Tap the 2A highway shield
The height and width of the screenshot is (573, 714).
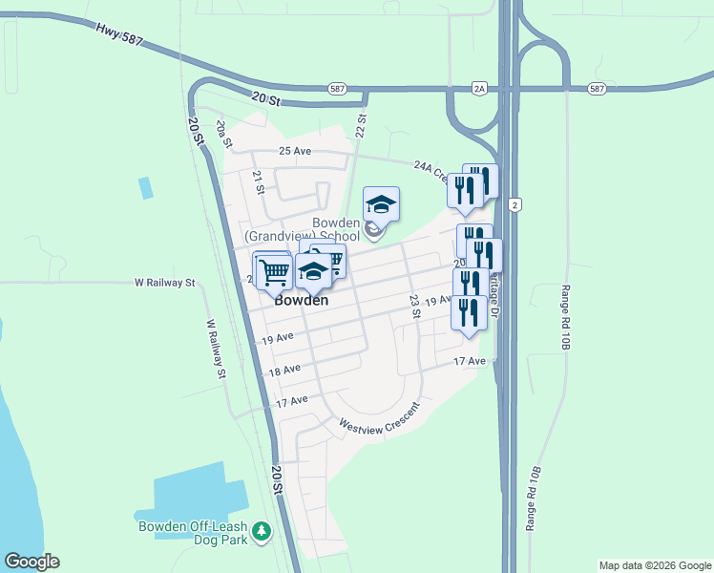pos(479,89)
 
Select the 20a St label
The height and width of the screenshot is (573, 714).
pos(224,132)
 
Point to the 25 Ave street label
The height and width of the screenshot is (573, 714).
pos(295,152)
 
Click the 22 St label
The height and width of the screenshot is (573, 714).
pos(361,124)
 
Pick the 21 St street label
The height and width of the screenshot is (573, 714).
pos(258,181)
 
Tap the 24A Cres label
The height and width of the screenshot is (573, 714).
pos(430,170)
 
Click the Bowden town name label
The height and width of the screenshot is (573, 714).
pos(302,300)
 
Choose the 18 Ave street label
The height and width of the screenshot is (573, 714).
pos(284,370)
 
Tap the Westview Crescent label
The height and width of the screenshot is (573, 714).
pos(378,418)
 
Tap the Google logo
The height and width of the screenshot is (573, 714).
pos(31,562)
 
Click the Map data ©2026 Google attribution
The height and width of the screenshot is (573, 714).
pos(655,565)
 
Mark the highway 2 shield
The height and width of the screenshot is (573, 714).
pos(514,205)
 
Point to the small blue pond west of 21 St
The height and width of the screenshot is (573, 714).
pos(145,188)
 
